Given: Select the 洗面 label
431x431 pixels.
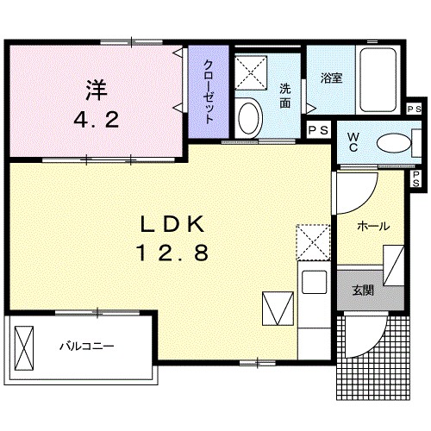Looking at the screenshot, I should [x=285, y=94].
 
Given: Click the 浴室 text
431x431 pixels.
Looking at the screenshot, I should [x=332, y=78].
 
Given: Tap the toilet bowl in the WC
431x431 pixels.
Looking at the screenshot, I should [x=390, y=141].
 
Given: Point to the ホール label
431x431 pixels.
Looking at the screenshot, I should [x=372, y=226].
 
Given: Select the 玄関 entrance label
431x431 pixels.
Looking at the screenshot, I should [x=363, y=290].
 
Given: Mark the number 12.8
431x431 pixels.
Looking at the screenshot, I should [x=172, y=253].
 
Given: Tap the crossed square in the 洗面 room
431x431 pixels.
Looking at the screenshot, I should [x=253, y=73].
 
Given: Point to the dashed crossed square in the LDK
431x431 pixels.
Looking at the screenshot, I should [x=311, y=242].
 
